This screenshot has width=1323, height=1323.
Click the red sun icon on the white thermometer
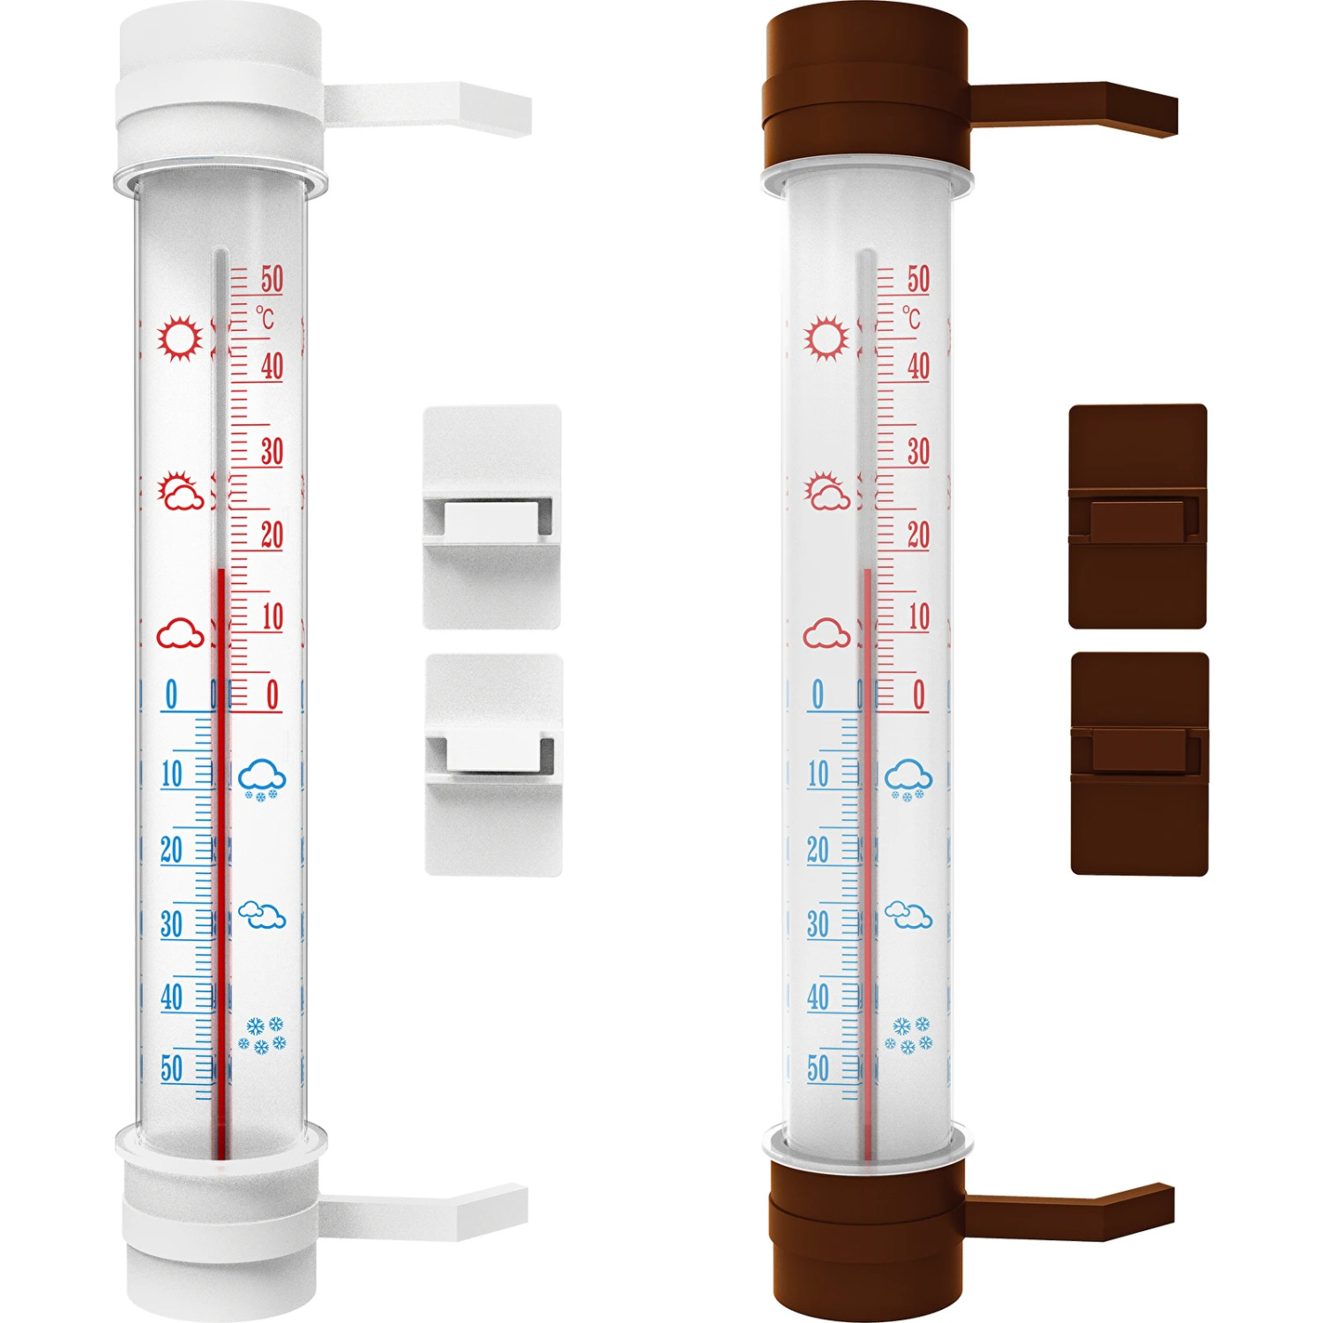click(x=180, y=338)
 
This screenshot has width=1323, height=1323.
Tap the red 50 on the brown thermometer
click(x=918, y=280)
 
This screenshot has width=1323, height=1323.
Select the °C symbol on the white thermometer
click(x=265, y=318)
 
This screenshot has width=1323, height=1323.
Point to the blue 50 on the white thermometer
click(x=172, y=1068)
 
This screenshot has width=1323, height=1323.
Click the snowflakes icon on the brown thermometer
click(x=908, y=1035)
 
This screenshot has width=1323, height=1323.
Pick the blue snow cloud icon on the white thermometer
click(x=262, y=780)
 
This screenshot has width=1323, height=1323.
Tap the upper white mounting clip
click(x=492, y=517)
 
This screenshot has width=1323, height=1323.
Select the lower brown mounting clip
click(x=1139, y=764)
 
